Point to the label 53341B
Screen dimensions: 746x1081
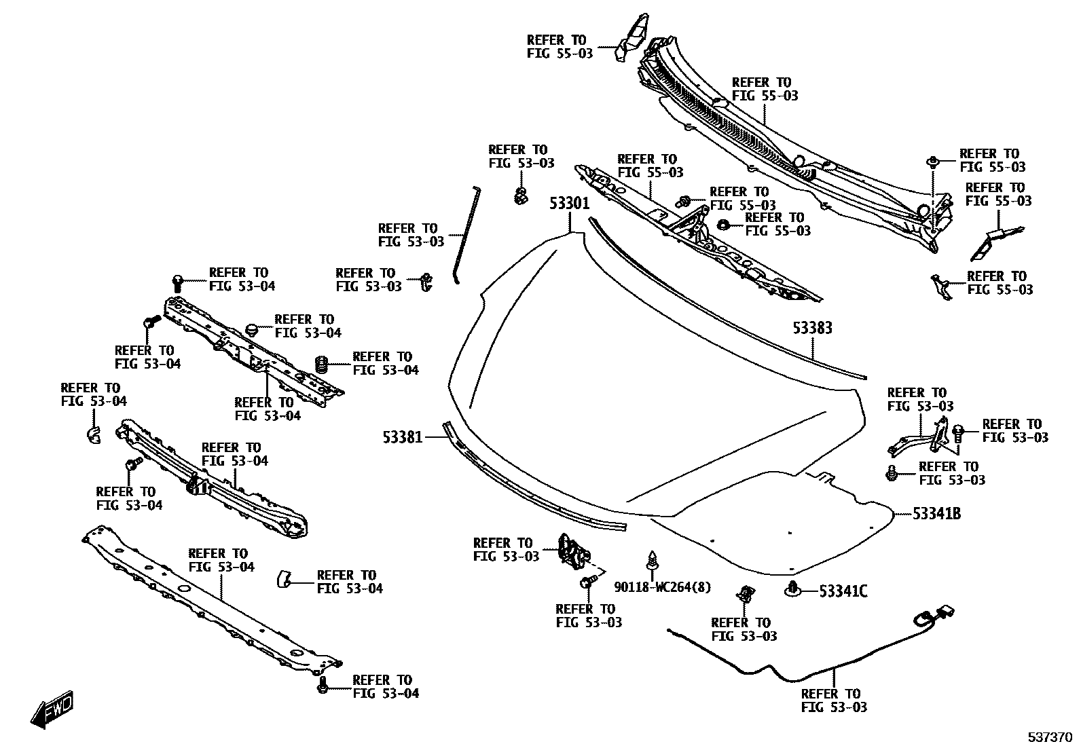936,514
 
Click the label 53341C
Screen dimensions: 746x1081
843,591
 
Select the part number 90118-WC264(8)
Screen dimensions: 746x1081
663,586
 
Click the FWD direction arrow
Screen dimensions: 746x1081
51,709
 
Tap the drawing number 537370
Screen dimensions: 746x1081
1048,736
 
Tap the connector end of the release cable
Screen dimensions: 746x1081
940,614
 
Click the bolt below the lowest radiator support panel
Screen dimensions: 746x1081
323,685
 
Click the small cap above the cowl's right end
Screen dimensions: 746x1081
933,162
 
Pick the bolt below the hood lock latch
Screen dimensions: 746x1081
587,582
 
